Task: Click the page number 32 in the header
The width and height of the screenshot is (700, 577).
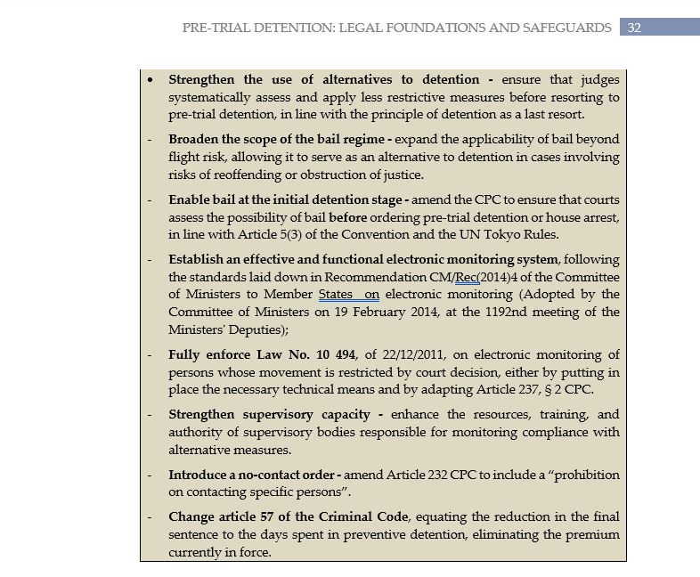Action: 634,28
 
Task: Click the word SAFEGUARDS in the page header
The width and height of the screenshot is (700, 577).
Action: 570,28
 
